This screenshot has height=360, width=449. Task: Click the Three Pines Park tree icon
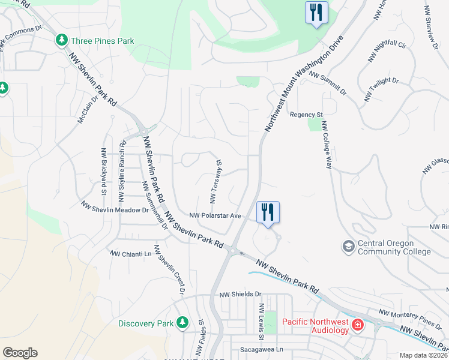click(61, 41)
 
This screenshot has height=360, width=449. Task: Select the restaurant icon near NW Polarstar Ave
click(268, 212)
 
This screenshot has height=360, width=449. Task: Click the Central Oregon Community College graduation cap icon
click(348, 247)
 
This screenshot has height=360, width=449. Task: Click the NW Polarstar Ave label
click(215, 215)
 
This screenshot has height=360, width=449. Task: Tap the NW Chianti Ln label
click(130, 254)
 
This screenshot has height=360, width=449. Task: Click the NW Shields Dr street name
click(241, 295)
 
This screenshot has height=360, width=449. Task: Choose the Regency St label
click(306, 115)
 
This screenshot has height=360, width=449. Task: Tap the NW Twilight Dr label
click(381, 89)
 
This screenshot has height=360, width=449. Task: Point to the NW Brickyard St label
click(103, 172)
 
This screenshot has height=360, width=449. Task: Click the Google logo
click(20, 353)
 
